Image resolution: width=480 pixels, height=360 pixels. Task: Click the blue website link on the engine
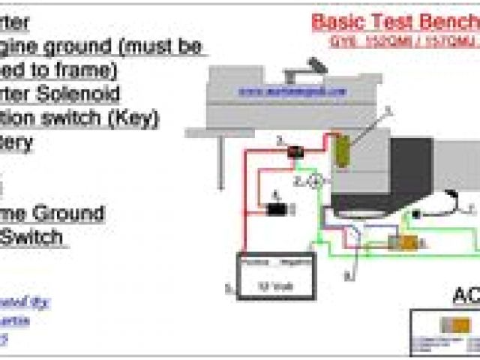tap(293, 91)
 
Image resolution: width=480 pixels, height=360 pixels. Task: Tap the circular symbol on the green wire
tap(316, 181)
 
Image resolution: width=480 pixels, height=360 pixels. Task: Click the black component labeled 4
tap(277, 209)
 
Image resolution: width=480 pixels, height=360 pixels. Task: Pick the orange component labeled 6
tap(409, 242)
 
